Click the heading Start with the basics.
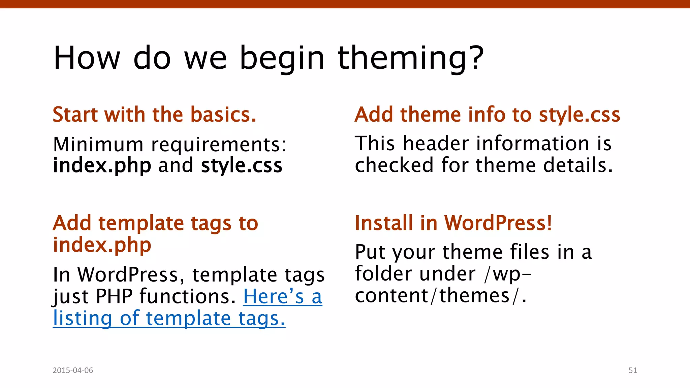[x=154, y=115]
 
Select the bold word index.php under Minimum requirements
[x=102, y=166]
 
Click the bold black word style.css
[x=241, y=166]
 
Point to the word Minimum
[x=98, y=144]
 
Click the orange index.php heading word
[x=102, y=245]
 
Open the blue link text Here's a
[x=282, y=297]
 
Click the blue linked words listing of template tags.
[x=169, y=318]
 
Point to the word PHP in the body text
[x=114, y=297]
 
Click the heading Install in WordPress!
[x=453, y=223]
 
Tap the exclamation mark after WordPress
[x=549, y=223]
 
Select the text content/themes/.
[x=440, y=296]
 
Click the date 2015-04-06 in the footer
[x=73, y=370]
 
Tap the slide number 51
[x=632, y=370]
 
